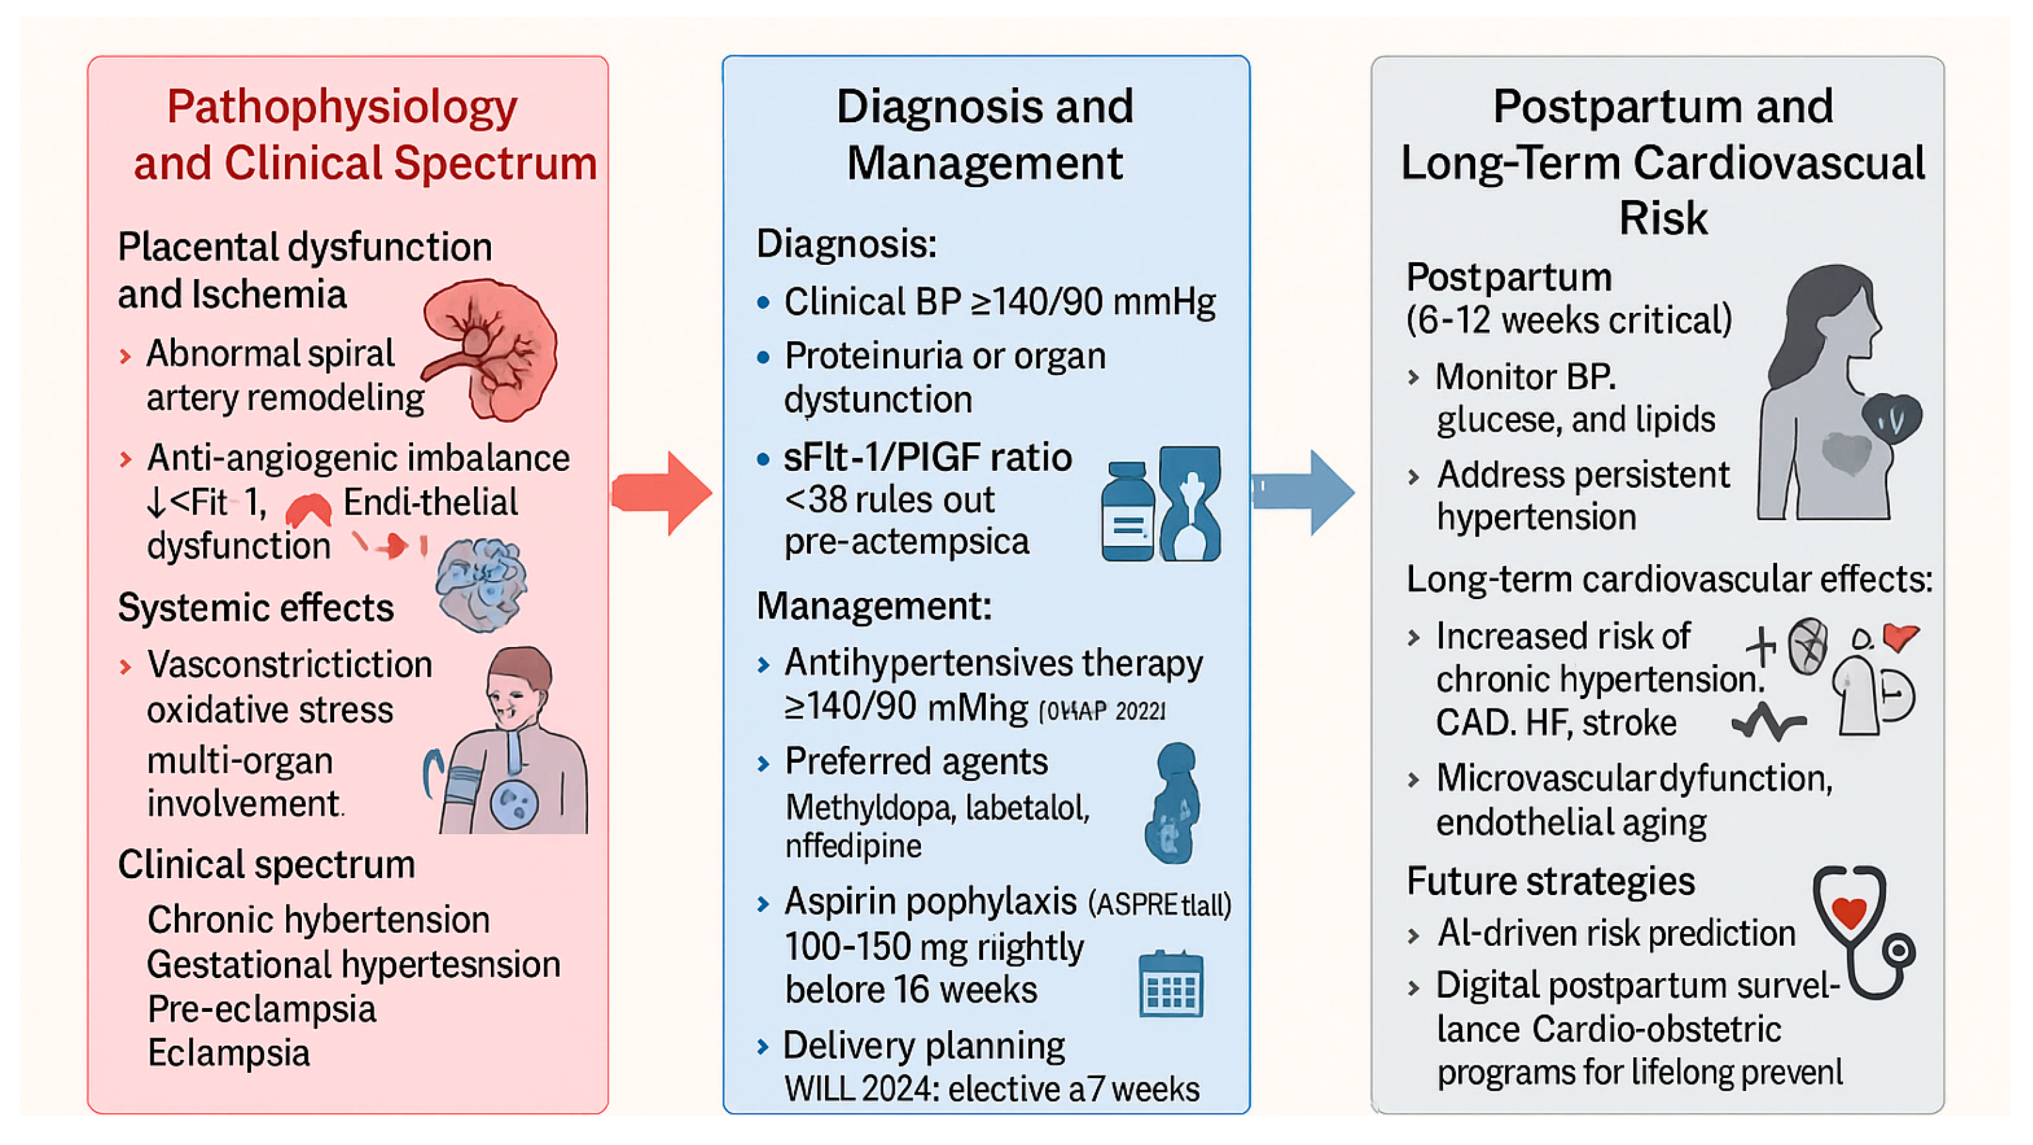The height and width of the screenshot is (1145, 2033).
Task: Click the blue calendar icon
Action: pos(1171,985)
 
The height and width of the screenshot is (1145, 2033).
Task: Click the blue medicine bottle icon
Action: pos(1127,513)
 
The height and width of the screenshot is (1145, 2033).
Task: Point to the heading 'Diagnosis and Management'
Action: pos(984,134)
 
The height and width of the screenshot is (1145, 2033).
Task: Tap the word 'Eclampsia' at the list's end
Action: pos(229,1053)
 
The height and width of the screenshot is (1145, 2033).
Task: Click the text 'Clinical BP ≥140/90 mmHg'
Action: pos(999,302)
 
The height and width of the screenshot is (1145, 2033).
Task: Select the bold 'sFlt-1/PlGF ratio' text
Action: pos(927,457)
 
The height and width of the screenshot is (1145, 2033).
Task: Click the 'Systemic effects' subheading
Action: pos(256,608)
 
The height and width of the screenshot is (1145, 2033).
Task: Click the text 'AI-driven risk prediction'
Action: pos(1616,934)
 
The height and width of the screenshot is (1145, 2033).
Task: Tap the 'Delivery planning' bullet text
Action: pos(924,1046)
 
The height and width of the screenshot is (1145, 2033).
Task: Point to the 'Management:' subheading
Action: pos(873,607)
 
